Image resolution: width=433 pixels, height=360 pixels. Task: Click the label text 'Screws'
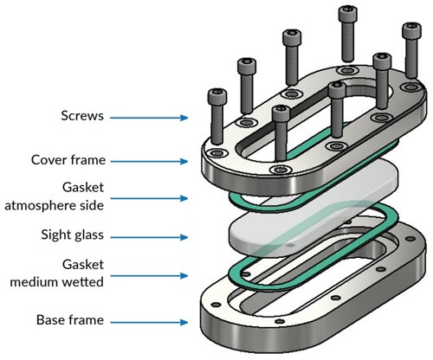[82, 116]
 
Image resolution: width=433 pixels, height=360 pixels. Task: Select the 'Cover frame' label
[68, 160]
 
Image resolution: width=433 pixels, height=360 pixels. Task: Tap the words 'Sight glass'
[73, 235]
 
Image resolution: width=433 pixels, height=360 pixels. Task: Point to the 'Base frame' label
[70, 320]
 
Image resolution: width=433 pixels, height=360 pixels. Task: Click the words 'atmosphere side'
[55, 206]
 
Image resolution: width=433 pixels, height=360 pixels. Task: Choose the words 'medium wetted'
[57, 282]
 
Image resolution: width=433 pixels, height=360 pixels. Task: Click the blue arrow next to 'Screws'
[149, 118]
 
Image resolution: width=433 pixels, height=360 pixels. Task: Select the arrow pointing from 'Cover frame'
[149, 162]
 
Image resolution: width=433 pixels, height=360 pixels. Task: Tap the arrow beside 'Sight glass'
[149, 237]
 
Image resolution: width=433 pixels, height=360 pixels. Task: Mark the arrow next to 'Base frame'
[149, 322]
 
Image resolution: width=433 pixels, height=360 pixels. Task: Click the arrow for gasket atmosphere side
[149, 198]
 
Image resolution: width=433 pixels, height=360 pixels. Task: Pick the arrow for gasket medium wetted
[149, 276]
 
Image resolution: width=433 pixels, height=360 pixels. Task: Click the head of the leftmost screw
[217, 97]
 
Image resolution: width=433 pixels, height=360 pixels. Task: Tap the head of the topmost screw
[348, 14]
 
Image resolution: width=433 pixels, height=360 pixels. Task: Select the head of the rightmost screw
[411, 30]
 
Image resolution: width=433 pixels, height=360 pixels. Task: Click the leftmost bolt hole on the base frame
[216, 305]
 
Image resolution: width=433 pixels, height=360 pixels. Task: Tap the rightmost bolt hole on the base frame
[410, 239]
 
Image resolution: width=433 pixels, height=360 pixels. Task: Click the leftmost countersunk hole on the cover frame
[216, 152]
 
